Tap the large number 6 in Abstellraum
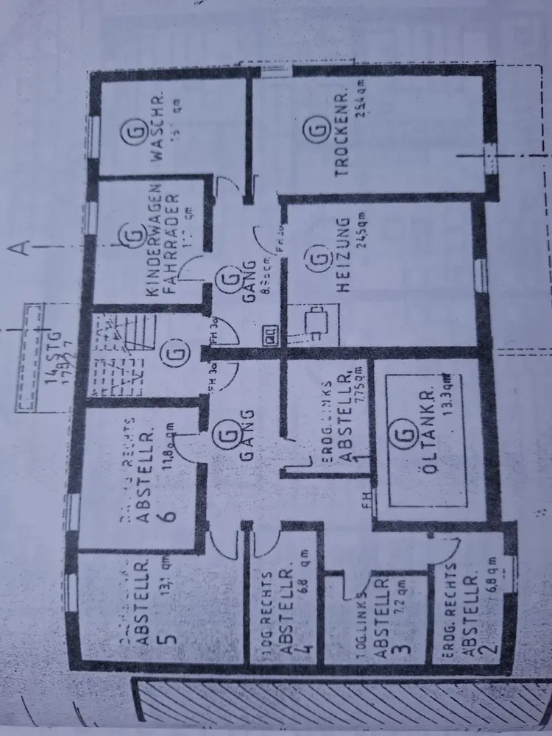point(170,512)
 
